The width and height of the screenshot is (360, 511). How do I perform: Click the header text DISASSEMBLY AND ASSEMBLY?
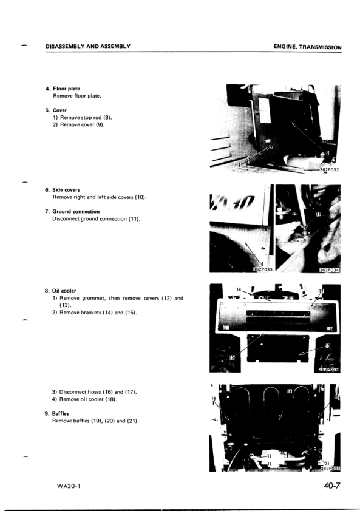click(88, 46)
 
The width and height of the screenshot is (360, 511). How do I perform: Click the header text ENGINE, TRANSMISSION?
click(307, 47)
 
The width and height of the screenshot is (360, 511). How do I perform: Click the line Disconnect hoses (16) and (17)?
click(94, 391)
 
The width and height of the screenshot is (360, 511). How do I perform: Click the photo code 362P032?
click(328, 170)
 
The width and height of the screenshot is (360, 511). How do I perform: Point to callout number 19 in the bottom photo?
click(213, 399)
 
